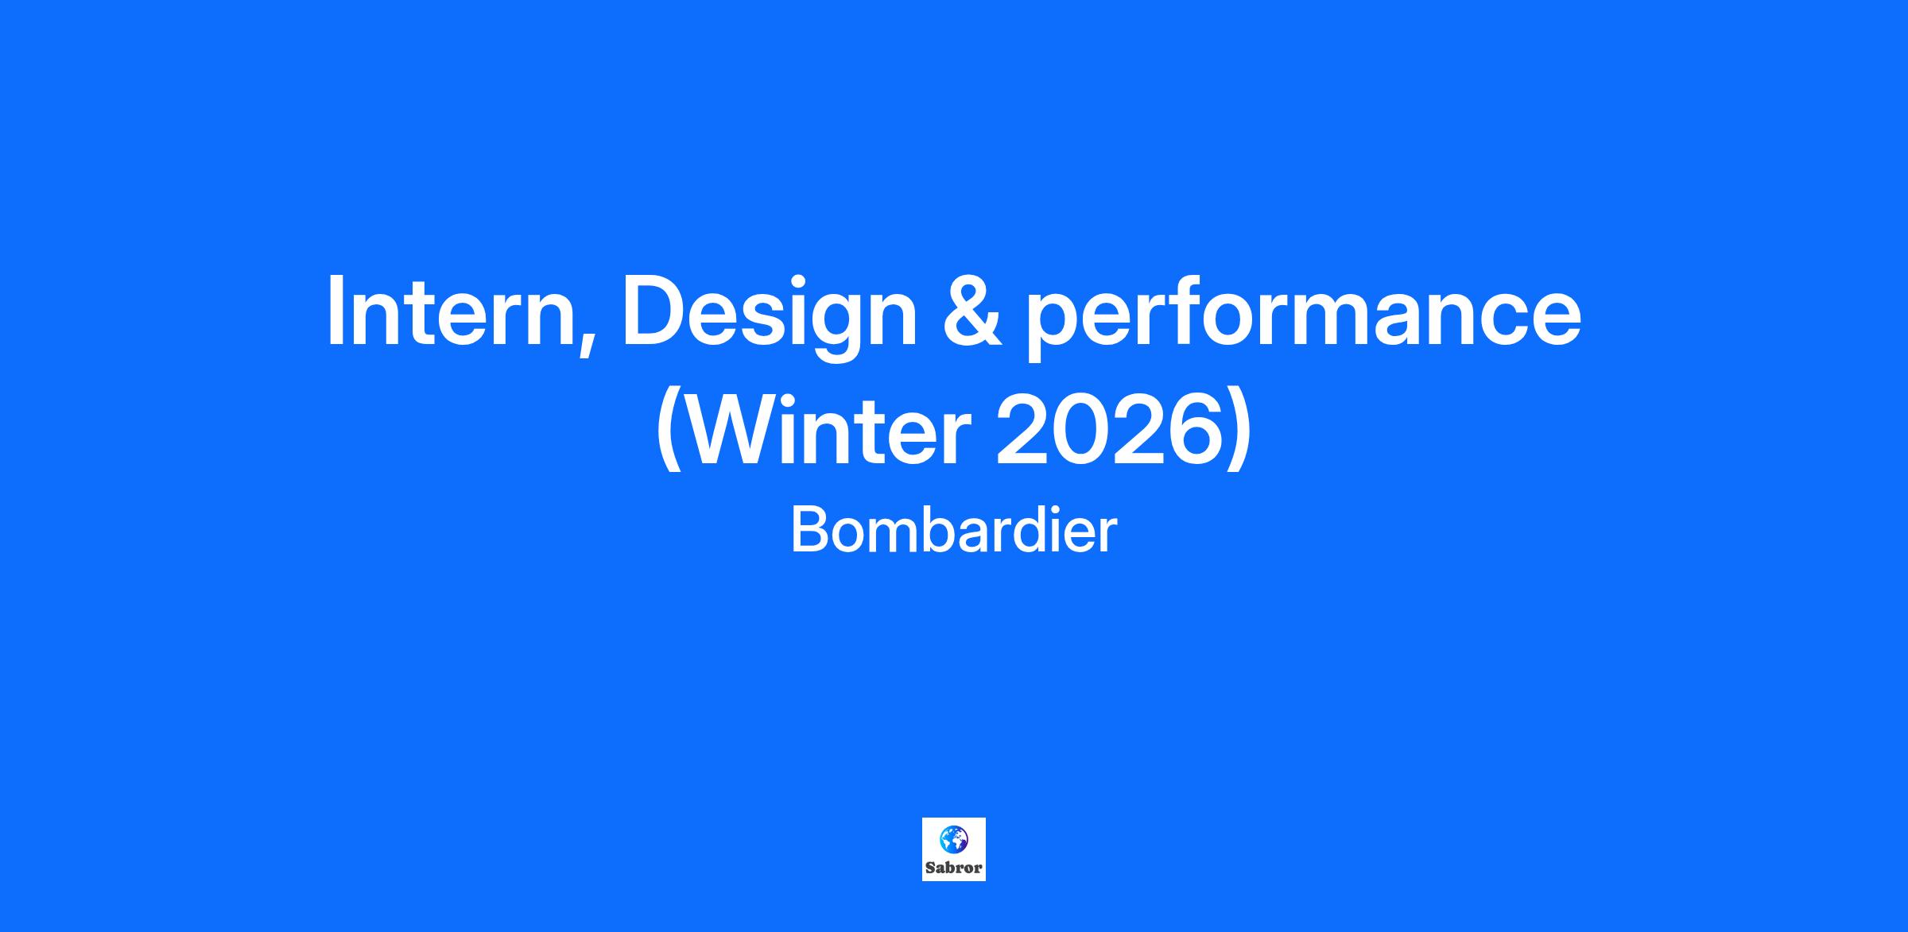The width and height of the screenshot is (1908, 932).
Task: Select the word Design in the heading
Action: pos(769,316)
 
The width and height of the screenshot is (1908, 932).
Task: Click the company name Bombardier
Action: pos(954,531)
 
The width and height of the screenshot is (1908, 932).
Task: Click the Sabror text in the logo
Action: pos(954,868)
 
